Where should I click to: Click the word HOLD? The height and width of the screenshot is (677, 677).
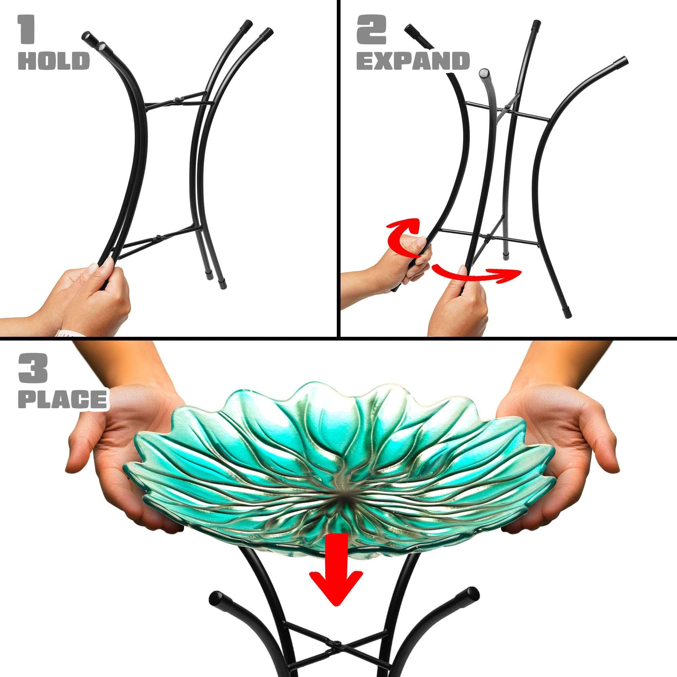tap(53, 61)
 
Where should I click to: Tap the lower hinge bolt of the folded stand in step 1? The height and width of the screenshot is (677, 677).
tap(158, 237)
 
